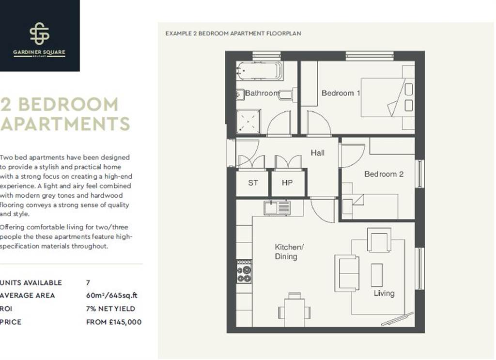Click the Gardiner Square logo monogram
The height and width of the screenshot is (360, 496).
40,33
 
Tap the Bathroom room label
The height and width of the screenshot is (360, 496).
262,93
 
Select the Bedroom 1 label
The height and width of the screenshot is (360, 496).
341,93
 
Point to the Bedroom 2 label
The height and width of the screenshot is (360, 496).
384,174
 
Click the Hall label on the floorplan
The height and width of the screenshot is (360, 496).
318,153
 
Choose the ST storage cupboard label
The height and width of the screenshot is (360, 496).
253,183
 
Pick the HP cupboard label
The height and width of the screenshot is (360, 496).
287,183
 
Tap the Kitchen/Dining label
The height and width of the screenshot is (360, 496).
289,252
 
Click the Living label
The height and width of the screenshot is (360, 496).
384,293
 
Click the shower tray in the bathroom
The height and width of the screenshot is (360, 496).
248,121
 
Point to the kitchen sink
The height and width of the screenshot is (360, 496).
277,208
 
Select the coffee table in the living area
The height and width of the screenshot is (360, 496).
377,275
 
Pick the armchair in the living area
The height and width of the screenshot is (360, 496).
379,240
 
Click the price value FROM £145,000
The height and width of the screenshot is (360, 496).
114,322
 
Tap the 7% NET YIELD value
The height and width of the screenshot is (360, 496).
111,309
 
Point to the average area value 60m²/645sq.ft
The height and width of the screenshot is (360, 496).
112,296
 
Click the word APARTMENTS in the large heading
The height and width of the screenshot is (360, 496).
65,124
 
